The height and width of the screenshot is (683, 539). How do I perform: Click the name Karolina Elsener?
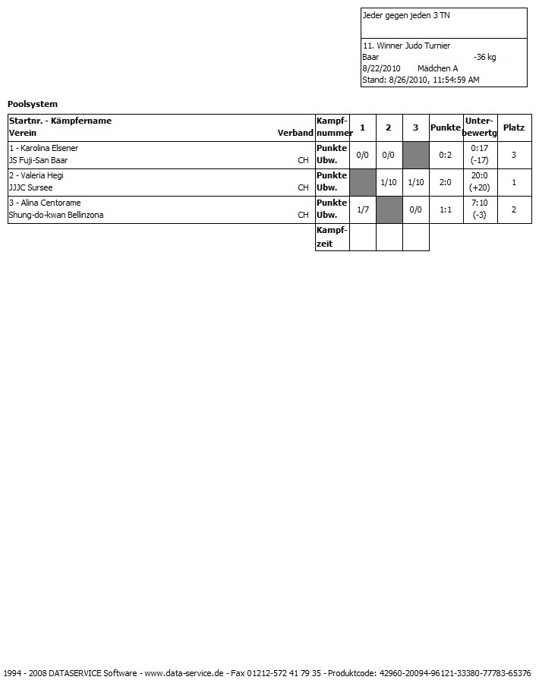pos(48,148)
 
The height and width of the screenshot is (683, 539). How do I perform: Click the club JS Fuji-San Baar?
pos(38,160)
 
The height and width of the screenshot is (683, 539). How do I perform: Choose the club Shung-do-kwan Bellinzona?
pos(56,215)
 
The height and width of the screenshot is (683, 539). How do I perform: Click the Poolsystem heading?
pos(33,104)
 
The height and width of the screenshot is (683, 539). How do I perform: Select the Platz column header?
pos(513,127)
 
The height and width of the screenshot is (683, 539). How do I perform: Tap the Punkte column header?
pos(446,127)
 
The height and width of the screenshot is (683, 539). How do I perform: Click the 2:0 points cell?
pos(446,182)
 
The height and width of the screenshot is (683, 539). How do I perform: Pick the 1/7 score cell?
pos(363,209)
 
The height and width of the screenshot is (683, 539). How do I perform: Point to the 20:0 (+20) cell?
pos(479,182)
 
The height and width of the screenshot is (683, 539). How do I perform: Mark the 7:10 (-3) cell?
pos(479,209)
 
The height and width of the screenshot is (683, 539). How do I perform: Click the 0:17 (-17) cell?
pos(479,155)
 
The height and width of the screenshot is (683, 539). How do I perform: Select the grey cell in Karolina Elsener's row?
pos(415,155)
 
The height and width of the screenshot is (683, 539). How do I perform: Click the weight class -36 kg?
pos(484,57)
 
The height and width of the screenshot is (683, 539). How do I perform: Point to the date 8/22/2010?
pos(381,68)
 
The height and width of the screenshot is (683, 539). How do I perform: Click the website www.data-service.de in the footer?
pos(184,673)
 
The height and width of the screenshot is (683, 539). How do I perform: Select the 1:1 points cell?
pos(446,209)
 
